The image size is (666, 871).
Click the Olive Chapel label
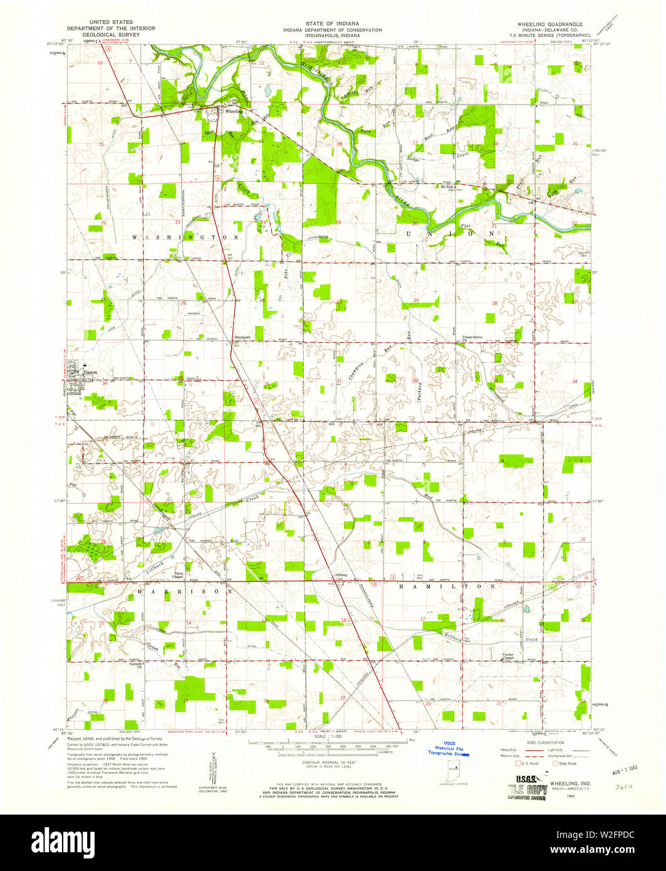179,575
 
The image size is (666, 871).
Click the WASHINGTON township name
185,237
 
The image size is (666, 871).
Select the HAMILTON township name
448,587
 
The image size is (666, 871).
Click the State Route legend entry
567,763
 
